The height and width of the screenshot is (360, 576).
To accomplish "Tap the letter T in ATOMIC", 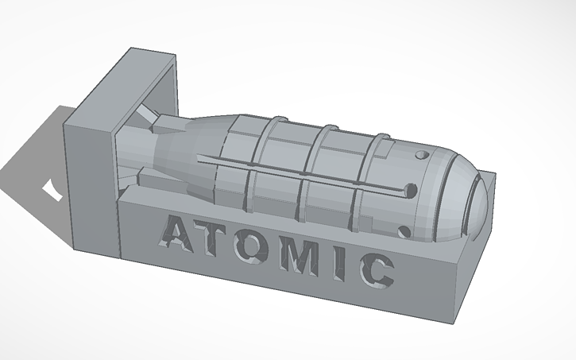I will [x=222, y=242].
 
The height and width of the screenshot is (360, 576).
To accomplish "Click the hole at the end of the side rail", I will [x=412, y=190].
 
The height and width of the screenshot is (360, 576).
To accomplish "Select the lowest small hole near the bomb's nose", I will [x=402, y=231].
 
